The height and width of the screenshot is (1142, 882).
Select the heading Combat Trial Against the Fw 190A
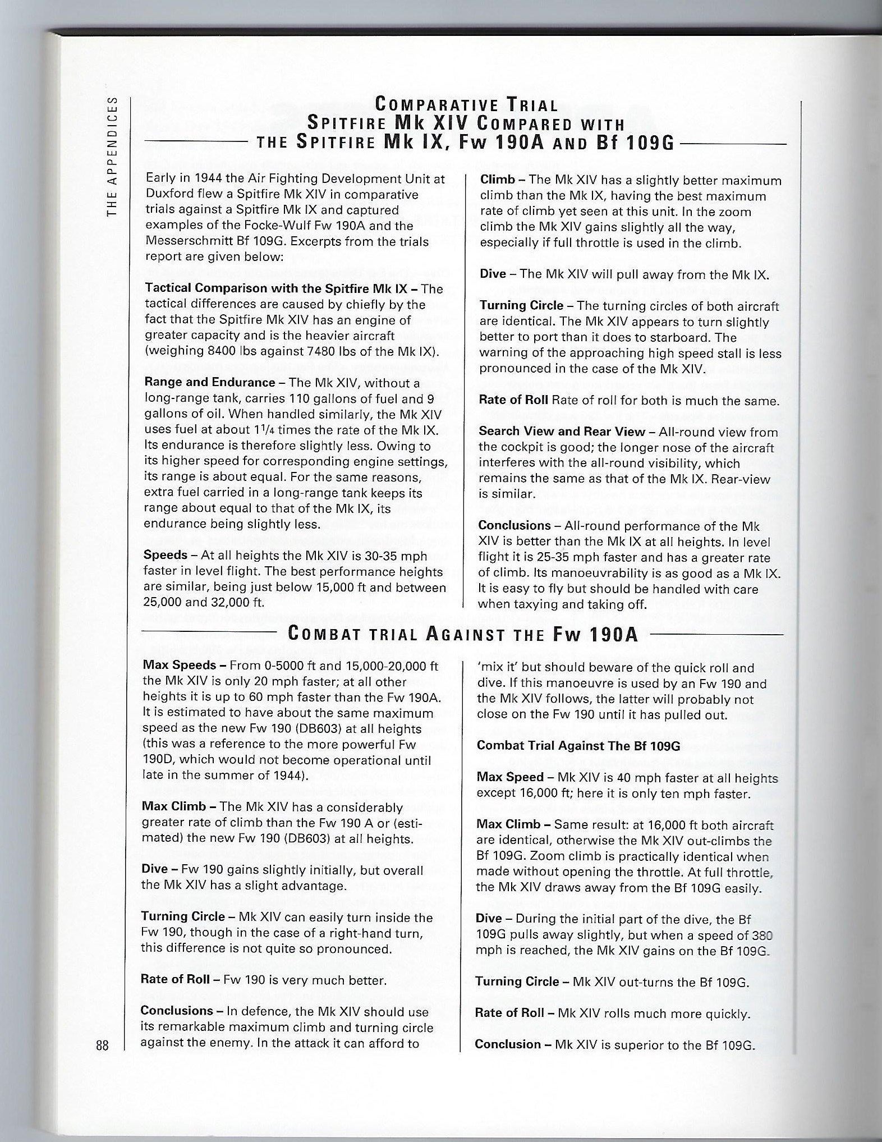pyautogui.click(x=463, y=635)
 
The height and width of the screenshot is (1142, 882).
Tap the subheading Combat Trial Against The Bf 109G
pyautogui.click(x=578, y=746)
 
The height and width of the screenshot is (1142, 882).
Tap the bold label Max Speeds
pyautogui.click(x=180, y=666)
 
